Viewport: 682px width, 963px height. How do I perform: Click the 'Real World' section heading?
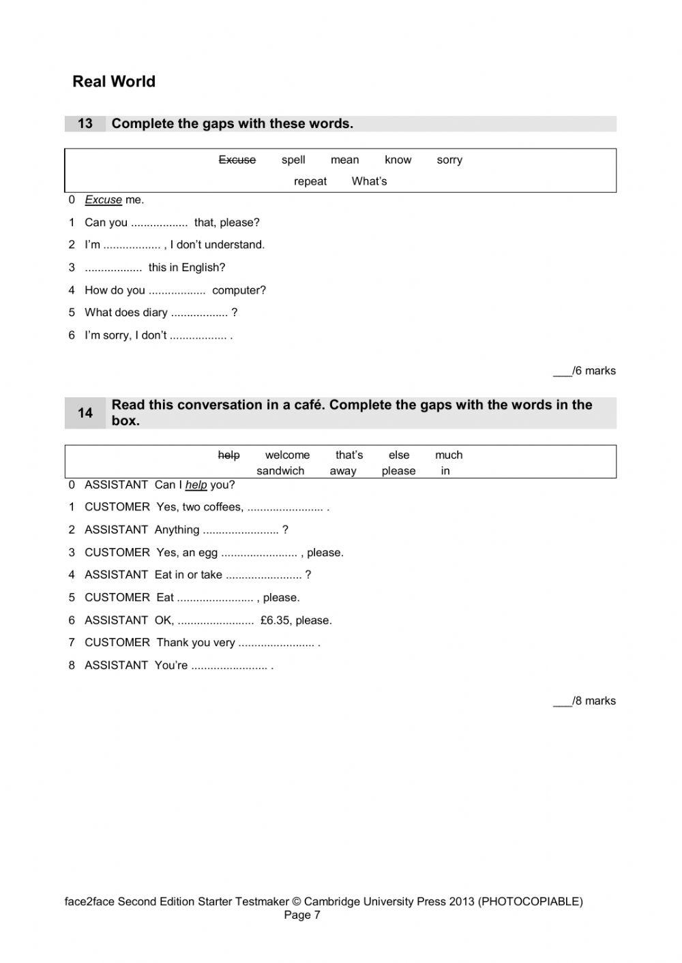point(114,82)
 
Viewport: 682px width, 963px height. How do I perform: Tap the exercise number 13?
point(85,123)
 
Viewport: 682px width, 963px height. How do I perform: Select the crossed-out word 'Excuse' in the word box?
point(237,159)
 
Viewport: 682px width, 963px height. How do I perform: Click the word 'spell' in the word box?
point(293,159)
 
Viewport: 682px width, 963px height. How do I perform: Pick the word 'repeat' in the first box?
point(310,181)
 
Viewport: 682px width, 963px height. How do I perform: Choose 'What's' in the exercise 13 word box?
point(369,181)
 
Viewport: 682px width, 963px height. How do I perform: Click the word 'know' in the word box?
point(398,159)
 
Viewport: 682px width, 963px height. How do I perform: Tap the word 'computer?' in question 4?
point(239,290)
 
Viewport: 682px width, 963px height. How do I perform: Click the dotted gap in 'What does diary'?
point(198,314)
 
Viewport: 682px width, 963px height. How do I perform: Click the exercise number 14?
point(85,413)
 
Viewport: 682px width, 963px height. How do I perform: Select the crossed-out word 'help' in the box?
point(228,455)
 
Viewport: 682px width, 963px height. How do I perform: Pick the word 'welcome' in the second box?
point(287,455)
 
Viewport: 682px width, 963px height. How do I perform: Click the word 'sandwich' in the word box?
point(280,471)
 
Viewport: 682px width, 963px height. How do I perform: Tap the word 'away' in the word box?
point(343,471)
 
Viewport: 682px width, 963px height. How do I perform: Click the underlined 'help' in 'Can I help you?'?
point(196,485)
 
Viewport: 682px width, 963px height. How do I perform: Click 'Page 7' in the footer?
point(302,915)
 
